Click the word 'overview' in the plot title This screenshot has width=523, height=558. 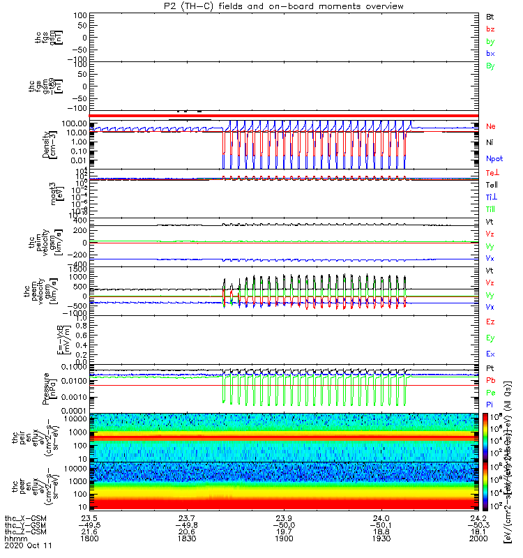point(384,6)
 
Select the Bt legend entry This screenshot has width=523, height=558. point(490,16)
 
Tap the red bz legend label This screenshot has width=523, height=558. point(490,29)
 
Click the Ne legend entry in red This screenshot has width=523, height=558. point(491,127)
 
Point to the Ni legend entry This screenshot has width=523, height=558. point(490,142)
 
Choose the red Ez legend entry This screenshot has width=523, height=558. point(490,322)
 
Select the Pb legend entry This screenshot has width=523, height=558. point(490,380)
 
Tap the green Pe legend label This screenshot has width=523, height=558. point(490,393)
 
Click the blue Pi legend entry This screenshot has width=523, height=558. point(490,405)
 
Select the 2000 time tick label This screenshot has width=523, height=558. point(478,539)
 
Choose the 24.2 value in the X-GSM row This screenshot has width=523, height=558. point(478,518)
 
